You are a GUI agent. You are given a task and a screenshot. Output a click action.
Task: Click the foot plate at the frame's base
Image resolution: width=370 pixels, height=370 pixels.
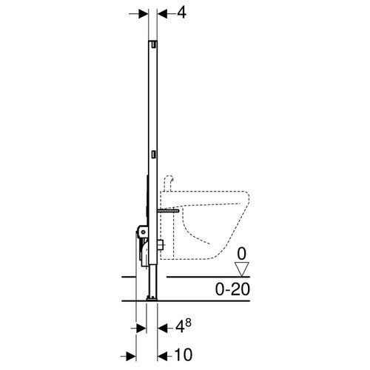tap(153, 297)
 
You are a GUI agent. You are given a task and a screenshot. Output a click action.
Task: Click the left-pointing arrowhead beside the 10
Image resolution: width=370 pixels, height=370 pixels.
tap(163, 354)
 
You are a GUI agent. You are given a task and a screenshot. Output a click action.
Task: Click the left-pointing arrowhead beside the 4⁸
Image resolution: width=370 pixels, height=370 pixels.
tap(163, 326)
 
